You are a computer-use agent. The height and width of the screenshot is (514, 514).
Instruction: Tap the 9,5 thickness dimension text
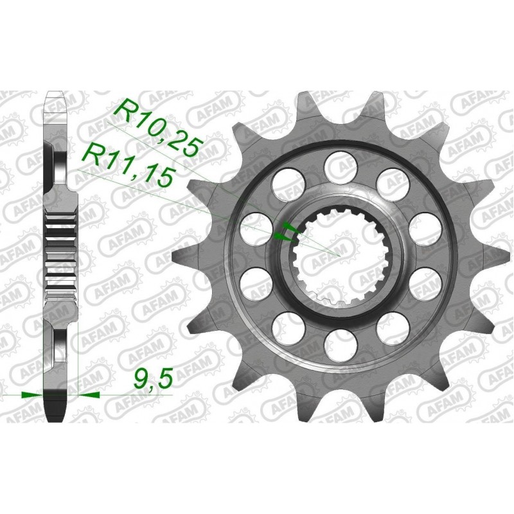pyautogui.click(x=152, y=379)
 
